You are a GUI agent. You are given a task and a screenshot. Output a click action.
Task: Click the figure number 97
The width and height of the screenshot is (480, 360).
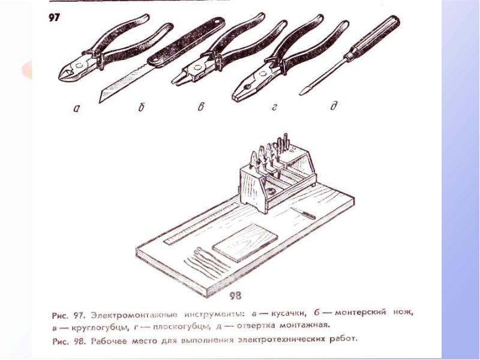point(54,18)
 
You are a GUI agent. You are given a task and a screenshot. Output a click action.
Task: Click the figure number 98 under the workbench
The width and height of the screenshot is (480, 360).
point(235,295)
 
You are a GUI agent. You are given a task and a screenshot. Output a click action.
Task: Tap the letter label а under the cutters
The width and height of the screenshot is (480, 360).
point(77,108)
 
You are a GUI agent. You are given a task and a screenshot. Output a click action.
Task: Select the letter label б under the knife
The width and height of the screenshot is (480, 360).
point(141,107)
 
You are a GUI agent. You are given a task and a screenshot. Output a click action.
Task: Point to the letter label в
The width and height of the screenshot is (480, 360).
point(201,107)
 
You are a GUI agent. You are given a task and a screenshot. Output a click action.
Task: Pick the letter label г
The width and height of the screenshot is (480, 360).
point(274,107)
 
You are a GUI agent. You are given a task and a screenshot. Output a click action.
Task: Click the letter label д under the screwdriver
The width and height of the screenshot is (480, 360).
point(334,106)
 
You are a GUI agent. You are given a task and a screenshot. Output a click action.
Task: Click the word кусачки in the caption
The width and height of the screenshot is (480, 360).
point(288,313)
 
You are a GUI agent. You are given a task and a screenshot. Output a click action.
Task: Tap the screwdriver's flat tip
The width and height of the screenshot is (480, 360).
point(302,92)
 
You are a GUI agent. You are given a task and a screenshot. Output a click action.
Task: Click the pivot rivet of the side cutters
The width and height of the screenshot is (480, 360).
point(79,66)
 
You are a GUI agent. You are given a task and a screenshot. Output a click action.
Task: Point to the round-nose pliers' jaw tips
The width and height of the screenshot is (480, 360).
point(178,80)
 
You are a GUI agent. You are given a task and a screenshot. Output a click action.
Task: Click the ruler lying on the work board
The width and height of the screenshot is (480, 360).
point(202,221)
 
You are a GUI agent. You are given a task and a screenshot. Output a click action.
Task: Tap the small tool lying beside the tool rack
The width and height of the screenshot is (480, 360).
point(304,213)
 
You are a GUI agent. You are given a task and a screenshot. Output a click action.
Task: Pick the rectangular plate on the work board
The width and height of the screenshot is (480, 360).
point(245,242)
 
